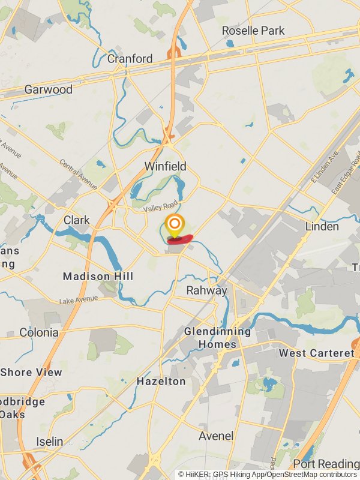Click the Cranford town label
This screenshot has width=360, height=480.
(x=130, y=59)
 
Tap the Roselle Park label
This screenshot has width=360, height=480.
(x=253, y=31)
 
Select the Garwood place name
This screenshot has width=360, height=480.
(x=48, y=89)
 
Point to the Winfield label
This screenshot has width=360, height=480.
(x=165, y=166)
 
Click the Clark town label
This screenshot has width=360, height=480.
(x=77, y=220)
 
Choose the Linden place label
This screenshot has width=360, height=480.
(x=322, y=226)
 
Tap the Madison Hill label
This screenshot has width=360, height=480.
(x=98, y=277)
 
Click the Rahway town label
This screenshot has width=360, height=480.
(x=206, y=290)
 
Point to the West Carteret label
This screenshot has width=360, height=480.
(x=316, y=353)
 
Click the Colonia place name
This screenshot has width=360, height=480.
(x=39, y=332)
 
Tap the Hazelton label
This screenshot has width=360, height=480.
(x=161, y=381)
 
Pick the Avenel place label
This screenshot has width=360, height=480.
(x=216, y=436)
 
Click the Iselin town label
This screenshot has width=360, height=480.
(x=49, y=442)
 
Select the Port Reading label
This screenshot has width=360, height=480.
(x=326, y=463)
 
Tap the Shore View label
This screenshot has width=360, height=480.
(x=31, y=372)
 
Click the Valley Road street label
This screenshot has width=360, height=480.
(x=161, y=205)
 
